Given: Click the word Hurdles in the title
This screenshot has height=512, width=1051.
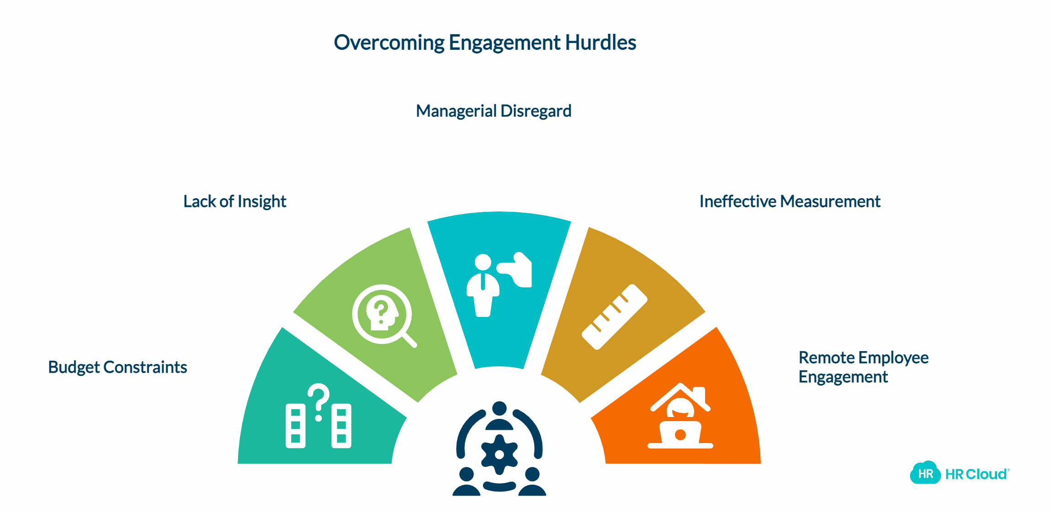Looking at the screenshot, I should (600, 43).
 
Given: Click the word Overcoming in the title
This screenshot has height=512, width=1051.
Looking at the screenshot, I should (389, 43).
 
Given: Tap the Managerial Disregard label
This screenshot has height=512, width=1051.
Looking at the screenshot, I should (494, 111).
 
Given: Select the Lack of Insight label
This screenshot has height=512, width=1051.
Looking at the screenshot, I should (234, 201).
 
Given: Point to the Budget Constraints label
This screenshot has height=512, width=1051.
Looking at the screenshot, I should (117, 367).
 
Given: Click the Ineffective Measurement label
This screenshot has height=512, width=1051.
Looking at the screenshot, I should (790, 201).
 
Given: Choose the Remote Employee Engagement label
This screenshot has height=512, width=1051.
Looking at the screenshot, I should (863, 367).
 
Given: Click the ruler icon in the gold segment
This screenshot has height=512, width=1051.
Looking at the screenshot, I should (614, 317).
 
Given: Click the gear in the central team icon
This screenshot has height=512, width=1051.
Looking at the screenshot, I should (499, 454).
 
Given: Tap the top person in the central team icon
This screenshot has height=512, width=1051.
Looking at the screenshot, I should (499, 416).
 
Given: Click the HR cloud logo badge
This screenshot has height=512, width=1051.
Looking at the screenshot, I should (925, 473).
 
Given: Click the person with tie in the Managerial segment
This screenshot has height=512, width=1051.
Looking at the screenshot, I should (483, 285).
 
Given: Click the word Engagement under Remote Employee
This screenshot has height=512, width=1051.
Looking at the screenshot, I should (843, 377).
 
